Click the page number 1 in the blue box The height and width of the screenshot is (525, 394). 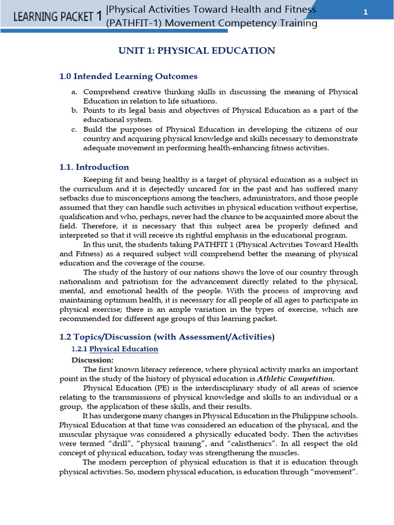click(366, 13)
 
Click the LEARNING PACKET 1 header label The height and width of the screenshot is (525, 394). click(57, 16)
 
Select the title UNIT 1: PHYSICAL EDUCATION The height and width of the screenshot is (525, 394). click(197, 50)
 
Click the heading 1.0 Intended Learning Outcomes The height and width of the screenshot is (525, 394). click(128, 76)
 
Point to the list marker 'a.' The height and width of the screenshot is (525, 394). click(74, 92)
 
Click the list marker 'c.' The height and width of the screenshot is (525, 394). click(74, 130)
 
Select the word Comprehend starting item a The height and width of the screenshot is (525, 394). click(104, 92)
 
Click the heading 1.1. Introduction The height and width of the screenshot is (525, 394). click(94, 167)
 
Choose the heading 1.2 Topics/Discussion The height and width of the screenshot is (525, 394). click(167, 337)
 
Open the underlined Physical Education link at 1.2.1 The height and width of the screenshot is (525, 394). click(124, 349)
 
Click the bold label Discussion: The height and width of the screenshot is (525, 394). click(92, 360)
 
